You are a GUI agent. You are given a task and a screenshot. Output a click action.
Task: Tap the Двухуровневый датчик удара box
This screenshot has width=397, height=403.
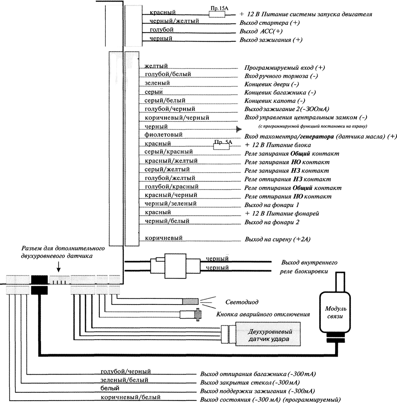tap(269, 335)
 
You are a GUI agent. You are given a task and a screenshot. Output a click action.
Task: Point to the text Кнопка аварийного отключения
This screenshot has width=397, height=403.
tap(263, 314)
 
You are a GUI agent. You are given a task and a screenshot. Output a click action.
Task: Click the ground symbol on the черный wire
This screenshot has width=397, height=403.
tap(239, 129)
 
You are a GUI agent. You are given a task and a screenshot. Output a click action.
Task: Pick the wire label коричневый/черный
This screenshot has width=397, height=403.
tap(177, 118)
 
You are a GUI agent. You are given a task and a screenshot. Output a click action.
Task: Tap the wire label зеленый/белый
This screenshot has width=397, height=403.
tap(124, 380)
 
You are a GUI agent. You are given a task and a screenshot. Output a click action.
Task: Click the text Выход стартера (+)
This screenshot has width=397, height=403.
tap(269, 23)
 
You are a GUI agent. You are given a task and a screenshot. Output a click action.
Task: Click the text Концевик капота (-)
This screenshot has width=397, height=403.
tap(275, 101)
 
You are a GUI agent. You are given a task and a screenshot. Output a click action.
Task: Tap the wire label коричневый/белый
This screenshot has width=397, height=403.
tap(130, 397)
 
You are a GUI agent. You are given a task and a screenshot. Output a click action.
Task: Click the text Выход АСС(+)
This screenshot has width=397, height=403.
tap(261, 32)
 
